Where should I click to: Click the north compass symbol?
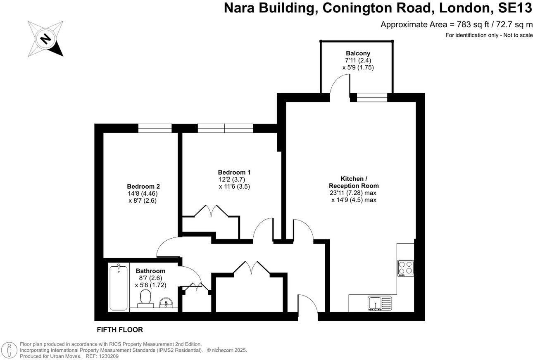45,39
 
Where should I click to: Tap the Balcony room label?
358,53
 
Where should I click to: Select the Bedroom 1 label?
234,172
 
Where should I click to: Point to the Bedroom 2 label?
143,186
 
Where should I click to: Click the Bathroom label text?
150,271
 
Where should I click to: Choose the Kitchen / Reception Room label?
354,182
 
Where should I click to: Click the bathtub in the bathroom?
119,288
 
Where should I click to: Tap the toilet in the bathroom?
145,298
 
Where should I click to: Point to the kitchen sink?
379,303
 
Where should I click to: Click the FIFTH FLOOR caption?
120,329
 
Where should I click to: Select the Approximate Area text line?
456,24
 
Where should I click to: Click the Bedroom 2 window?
155,128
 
